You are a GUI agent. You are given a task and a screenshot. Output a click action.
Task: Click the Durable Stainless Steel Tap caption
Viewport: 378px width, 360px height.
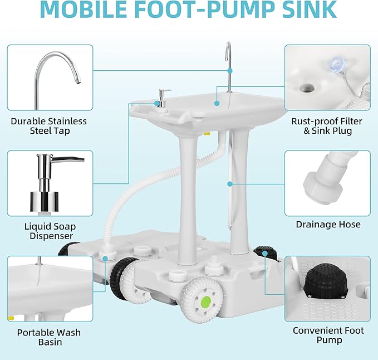pyautogui.click(x=48, y=126)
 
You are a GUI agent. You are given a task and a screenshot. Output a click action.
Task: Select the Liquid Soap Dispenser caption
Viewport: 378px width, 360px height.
pyautogui.click(x=50, y=231)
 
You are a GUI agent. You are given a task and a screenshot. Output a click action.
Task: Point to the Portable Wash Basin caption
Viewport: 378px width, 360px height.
pyautogui.click(x=48, y=337)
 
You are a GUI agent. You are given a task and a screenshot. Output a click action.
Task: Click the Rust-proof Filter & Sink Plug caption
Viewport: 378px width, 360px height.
pyautogui.click(x=326, y=126)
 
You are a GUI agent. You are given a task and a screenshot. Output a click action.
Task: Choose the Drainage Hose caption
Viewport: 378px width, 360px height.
pyautogui.click(x=328, y=225)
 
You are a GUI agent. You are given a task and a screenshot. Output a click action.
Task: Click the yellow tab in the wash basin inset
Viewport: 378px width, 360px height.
pyautogui.click(x=11, y=318)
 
